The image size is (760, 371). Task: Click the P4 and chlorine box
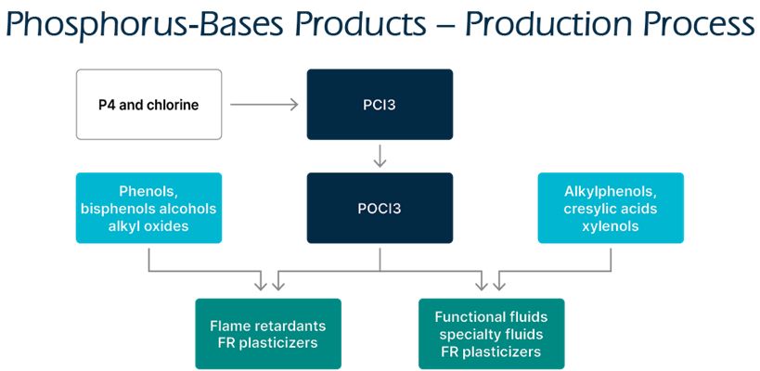click(x=148, y=105)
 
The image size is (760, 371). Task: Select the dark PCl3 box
click(x=380, y=105)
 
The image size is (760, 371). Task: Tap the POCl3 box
click(x=380, y=208)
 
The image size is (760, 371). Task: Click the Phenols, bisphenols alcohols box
click(x=148, y=208)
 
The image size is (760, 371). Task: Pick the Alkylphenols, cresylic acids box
click(x=611, y=208)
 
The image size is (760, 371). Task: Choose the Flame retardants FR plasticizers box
click(x=268, y=334)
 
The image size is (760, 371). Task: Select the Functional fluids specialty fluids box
click(x=491, y=334)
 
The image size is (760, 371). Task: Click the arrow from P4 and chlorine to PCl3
click(x=264, y=105)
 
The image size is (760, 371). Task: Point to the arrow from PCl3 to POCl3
click(x=380, y=156)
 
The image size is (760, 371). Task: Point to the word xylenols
click(x=611, y=225)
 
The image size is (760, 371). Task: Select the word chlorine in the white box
click(x=172, y=105)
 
